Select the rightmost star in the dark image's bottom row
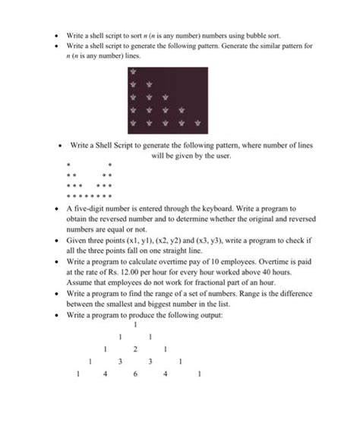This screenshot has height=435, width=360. tap(197, 122)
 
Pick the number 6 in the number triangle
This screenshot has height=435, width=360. tap(134, 374)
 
